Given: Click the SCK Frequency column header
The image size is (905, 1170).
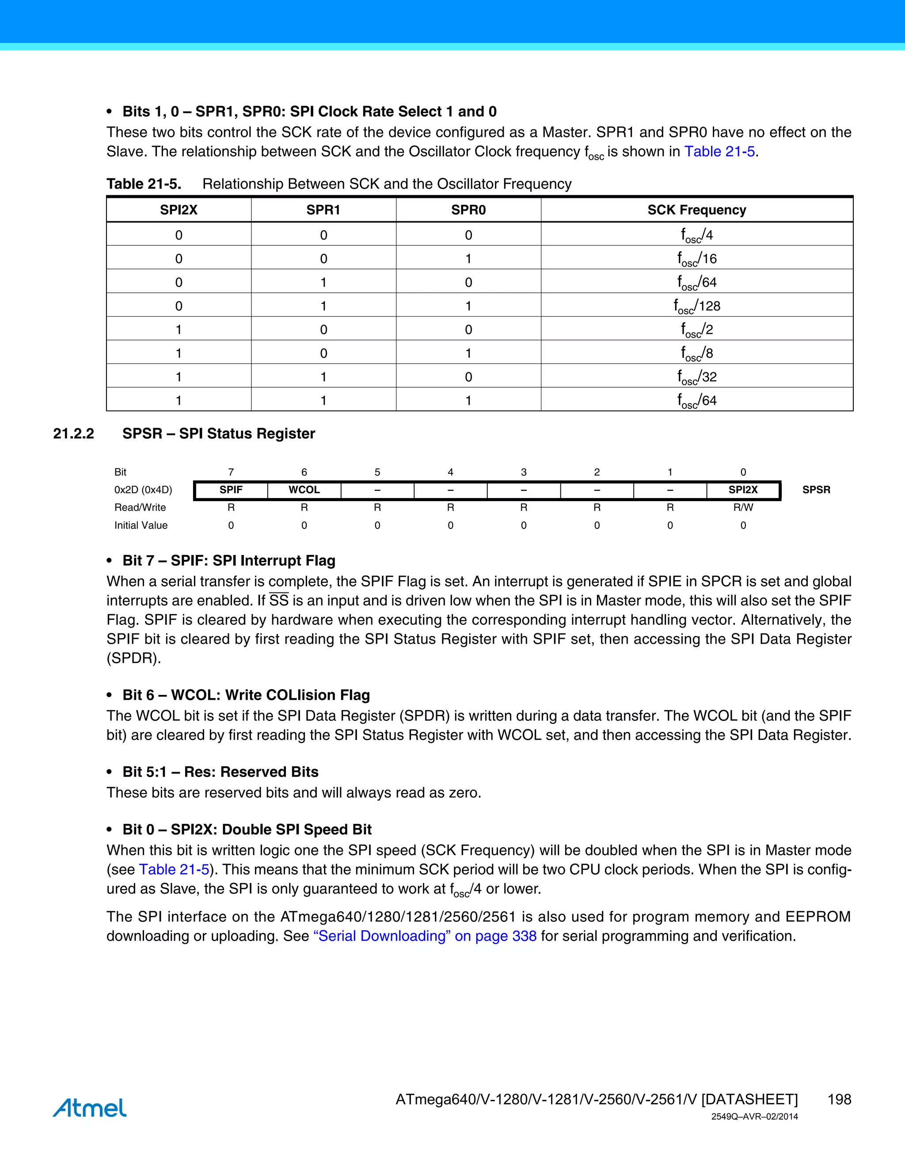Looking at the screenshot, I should (x=696, y=210).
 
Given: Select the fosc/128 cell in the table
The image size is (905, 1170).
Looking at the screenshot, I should (x=696, y=306).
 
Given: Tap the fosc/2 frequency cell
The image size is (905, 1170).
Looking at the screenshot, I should (x=696, y=329).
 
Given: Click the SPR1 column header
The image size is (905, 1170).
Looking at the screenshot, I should (x=323, y=210).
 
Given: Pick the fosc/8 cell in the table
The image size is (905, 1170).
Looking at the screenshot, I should (x=696, y=353).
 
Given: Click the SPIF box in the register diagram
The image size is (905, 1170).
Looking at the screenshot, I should (x=231, y=490).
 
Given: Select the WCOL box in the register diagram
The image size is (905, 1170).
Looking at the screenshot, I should (x=304, y=490).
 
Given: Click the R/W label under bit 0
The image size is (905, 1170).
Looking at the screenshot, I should (x=743, y=507).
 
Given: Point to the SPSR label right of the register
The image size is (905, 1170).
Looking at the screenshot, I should (x=816, y=490).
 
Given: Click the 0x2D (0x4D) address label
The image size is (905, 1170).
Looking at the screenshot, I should (x=143, y=490).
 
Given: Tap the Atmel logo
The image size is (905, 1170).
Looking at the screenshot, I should (x=90, y=1108).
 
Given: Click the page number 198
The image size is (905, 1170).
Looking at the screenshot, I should (x=839, y=1099).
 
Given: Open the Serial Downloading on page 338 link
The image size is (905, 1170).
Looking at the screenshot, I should (x=425, y=936).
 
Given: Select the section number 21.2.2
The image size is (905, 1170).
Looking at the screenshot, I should (x=73, y=434).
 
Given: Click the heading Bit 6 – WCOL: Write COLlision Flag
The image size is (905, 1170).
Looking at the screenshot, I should (x=246, y=695).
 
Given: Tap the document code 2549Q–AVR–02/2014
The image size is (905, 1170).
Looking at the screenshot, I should (x=754, y=1117).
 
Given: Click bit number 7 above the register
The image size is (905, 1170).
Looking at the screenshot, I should (x=231, y=472).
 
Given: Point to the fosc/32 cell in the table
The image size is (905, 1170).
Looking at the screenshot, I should (x=696, y=377).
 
